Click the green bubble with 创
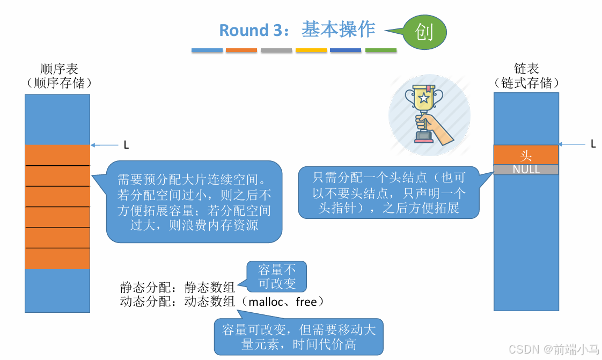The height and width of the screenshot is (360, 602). [424, 32]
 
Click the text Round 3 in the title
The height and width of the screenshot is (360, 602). [251, 31]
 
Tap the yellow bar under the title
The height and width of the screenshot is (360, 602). [311, 50]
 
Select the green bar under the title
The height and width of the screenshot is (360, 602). [381, 50]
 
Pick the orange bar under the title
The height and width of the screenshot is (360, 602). [241, 50]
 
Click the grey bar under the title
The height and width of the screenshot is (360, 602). [276, 50]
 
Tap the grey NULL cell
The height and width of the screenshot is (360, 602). [526, 170]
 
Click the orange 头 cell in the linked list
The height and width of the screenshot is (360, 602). [526, 156]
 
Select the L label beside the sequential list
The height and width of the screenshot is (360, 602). [126, 145]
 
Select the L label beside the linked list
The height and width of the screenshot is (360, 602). [593, 144]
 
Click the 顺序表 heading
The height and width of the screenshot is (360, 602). [60, 69]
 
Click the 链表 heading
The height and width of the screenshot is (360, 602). [526, 69]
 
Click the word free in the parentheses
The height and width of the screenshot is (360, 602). [306, 302]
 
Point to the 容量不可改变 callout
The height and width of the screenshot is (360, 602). [277, 276]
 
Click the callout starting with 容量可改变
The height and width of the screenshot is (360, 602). [299, 337]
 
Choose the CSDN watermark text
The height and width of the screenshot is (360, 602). [553, 349]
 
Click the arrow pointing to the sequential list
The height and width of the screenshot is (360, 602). [105, 145]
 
